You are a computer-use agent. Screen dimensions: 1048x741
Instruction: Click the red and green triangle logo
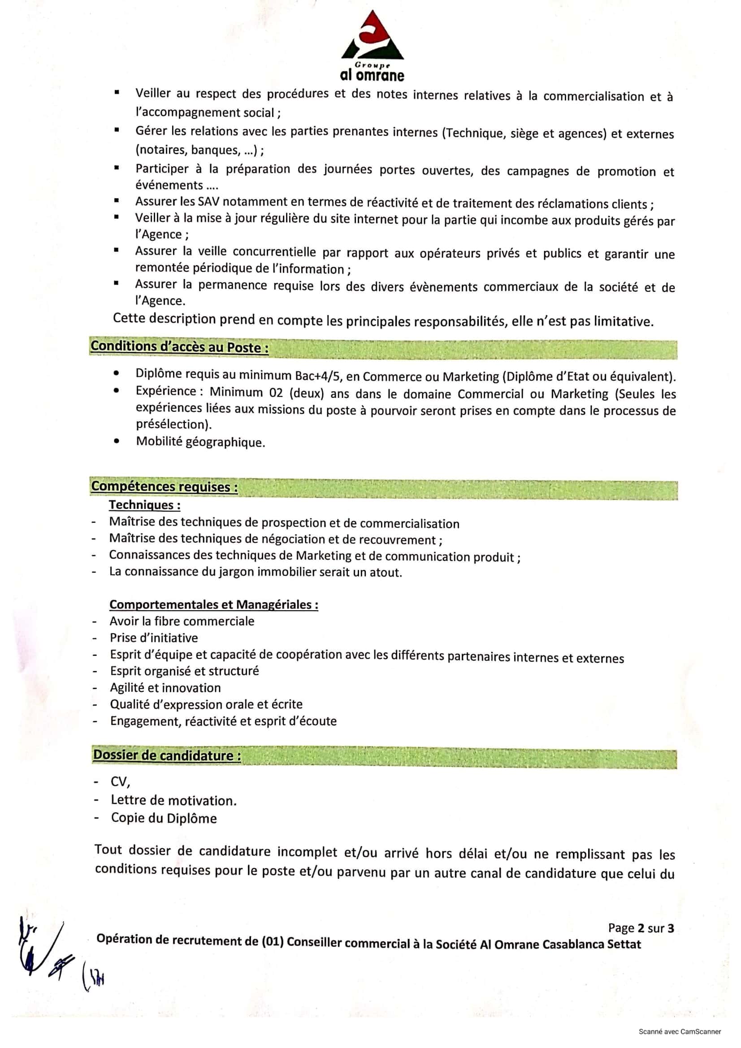372,36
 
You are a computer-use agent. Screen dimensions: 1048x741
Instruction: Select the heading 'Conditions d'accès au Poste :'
179,347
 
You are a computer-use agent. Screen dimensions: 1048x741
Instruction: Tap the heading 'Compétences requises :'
165,487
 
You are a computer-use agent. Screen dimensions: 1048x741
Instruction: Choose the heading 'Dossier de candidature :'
167,755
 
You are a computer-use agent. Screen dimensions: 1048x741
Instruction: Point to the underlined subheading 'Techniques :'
144,505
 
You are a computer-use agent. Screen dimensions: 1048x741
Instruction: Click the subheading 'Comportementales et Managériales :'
214,604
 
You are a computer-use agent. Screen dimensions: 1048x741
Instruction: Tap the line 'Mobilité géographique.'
200,442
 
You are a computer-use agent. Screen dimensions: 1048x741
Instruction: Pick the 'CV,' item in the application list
121,782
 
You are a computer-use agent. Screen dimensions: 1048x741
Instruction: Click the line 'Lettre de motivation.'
173,800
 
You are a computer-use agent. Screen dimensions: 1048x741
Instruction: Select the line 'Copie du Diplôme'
164,818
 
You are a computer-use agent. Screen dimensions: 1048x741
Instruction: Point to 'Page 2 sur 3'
641,928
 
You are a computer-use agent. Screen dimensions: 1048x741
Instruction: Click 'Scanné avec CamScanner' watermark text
680,1031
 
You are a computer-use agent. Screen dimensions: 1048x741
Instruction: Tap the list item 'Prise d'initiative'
154,638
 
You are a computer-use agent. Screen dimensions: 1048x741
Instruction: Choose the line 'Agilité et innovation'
165,687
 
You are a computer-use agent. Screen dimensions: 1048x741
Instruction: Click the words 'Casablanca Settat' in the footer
592,944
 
